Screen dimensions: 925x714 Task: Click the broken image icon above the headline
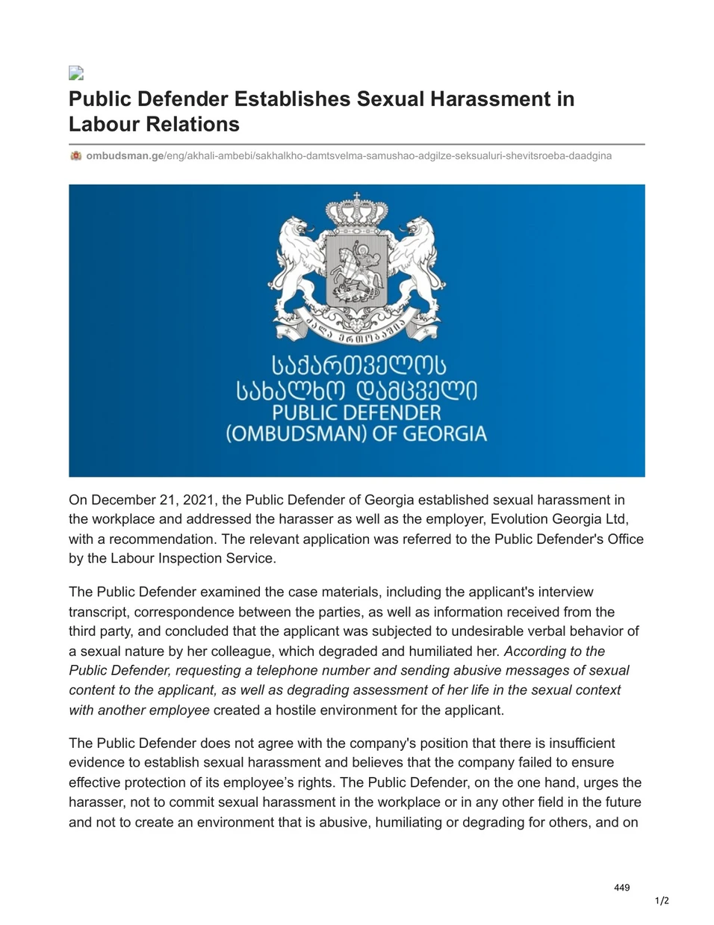75,72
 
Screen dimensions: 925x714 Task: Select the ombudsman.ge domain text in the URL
125,155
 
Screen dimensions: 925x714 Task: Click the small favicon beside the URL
75,155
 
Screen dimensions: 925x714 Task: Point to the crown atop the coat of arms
357,210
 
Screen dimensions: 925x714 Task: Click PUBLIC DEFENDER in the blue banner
356,412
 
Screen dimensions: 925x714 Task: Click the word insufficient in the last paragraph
571,743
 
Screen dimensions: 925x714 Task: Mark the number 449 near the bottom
621,888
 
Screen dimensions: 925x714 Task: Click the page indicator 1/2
662,901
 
